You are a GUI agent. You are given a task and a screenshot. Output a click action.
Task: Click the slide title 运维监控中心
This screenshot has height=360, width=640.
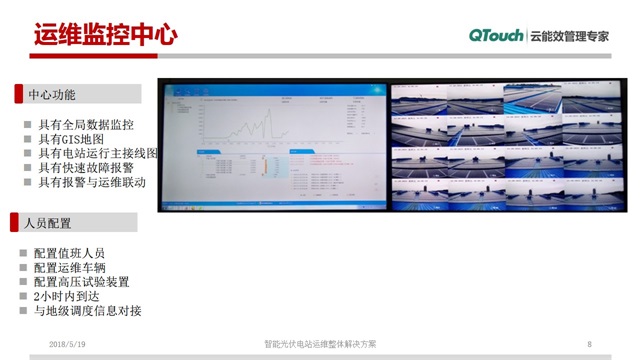105,35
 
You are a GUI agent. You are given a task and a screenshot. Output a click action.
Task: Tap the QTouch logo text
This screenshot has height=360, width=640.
496,35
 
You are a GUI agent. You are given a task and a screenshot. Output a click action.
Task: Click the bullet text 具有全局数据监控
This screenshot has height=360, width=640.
85,126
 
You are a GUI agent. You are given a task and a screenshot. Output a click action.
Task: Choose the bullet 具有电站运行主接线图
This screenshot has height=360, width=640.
98,154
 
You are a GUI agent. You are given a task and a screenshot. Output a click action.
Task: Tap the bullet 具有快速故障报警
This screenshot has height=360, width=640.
85,168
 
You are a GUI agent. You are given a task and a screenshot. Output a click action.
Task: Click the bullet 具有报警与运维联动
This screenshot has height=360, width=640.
92,182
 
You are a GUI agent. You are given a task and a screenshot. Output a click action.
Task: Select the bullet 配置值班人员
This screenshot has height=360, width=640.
69,254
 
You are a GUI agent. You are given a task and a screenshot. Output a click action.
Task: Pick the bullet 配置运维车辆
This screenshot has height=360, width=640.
69,268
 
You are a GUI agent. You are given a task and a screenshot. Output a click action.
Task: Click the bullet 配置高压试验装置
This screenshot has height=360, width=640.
81,282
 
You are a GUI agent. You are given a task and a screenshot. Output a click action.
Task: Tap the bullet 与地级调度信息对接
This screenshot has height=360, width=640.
87,310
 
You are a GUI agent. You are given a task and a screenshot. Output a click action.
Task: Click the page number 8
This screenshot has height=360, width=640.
590,344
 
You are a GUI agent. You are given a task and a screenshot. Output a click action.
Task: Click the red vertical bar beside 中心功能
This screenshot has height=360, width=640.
17,95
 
